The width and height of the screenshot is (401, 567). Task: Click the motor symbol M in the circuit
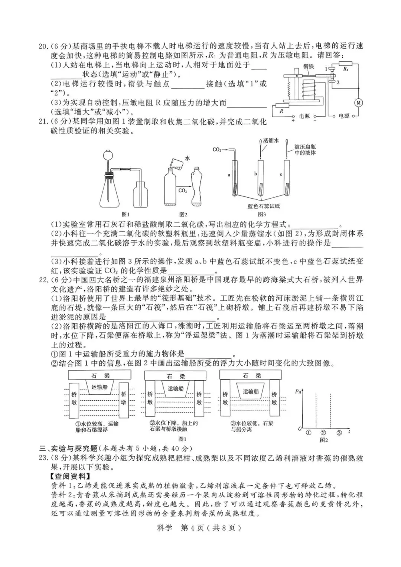coord(358,103)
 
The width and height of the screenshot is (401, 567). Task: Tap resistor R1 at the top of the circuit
coord(345,69)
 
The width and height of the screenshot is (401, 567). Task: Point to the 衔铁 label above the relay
coord(309,66)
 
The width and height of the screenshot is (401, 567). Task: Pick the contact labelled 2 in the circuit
coord(338,82)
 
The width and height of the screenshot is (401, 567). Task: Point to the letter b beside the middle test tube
coord(255,173)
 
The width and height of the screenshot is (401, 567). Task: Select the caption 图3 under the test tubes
coord(262,214)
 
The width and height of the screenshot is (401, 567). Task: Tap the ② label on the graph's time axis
coord(323,433)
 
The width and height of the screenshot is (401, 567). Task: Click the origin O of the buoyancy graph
coord(300,429)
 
